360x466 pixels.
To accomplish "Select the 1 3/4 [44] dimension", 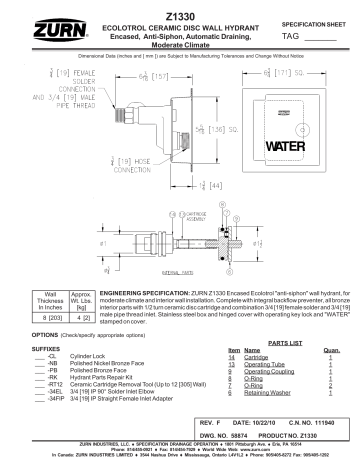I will click(182, 185).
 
